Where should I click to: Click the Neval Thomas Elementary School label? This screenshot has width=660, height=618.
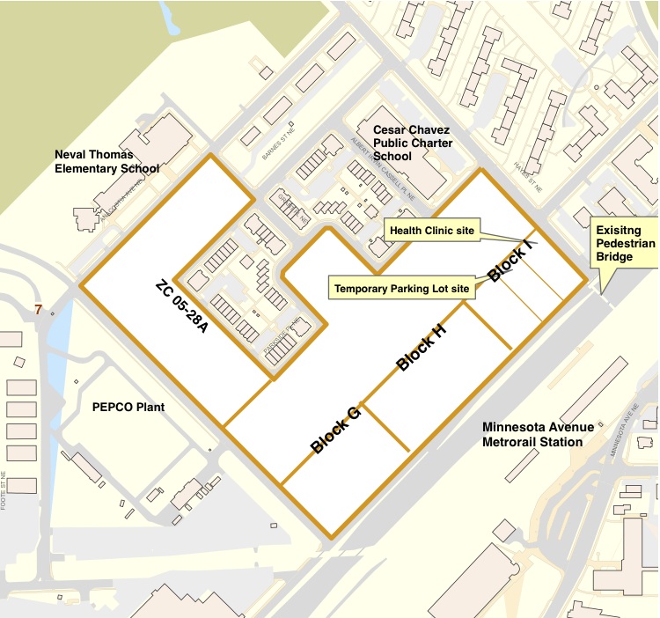[x=107, y=162]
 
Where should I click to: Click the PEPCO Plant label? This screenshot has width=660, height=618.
[x=128, y=408]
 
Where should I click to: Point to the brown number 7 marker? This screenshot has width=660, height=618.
[x=38, y=310]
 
